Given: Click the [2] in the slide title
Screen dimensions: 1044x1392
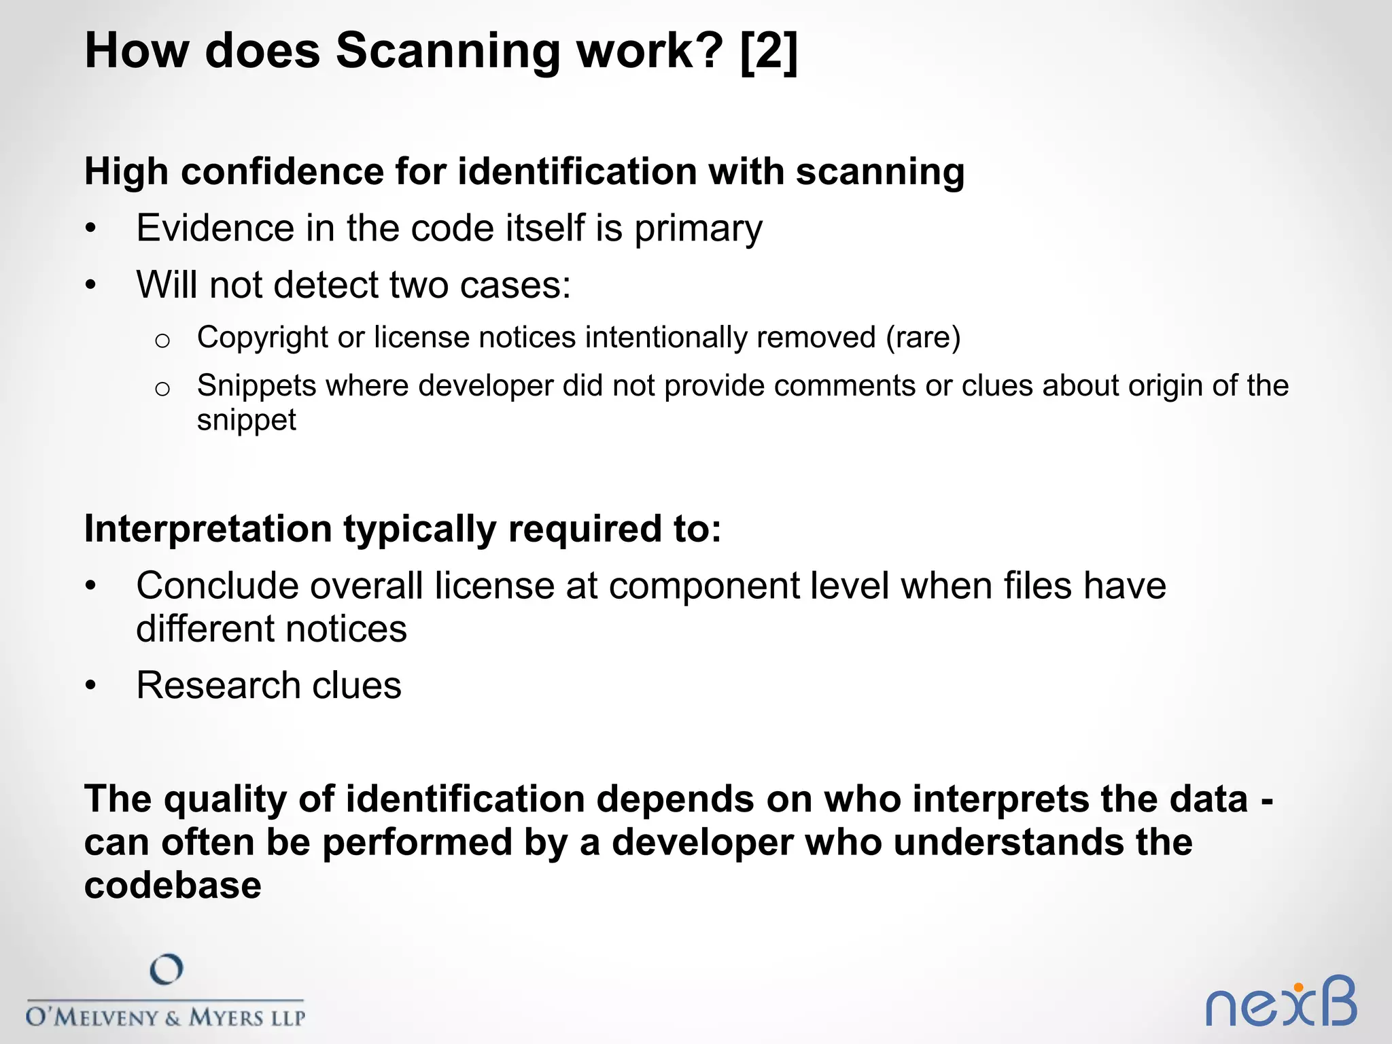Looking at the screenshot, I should (769, 51).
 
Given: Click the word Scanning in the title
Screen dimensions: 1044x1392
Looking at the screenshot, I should (449, 52).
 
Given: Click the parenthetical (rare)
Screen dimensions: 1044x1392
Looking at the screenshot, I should (923, 338).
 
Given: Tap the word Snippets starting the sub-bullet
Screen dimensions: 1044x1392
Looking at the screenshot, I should (257, 386).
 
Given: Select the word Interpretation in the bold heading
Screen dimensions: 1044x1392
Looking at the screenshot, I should (208, 529).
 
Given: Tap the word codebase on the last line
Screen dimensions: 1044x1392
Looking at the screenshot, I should (173, 886).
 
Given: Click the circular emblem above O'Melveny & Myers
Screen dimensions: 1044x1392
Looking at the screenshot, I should (167, 970).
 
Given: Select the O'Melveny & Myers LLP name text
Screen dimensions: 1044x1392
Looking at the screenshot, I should (166, 1017).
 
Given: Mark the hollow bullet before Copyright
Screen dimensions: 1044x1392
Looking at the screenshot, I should (162, 341).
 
